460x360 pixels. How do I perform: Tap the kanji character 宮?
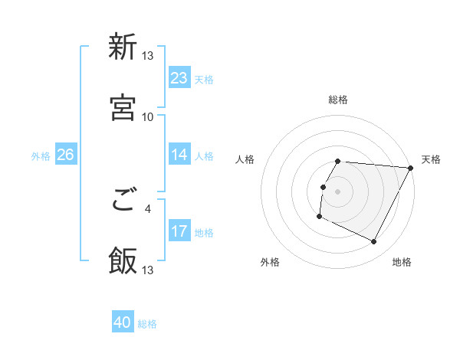[123, 107]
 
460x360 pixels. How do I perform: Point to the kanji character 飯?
[123, 261]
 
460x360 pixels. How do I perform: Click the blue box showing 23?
[179, 78]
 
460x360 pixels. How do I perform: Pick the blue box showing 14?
[179, 155]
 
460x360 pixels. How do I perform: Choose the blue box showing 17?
[179, 231]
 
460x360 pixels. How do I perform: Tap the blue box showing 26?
[65, 155]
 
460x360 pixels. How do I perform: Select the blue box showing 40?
[123, 323]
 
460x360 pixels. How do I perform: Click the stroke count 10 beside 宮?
[148, 116]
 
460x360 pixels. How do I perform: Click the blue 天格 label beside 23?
[204, 79]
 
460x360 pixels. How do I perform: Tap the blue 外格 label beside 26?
[41, 155]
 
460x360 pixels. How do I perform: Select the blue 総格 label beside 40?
[147, 324]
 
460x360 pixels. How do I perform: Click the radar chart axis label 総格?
[338, 100]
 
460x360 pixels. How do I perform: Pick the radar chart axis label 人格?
[245, 159]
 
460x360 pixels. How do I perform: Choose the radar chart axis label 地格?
[402, 263]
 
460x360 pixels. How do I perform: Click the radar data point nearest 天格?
[411, 168]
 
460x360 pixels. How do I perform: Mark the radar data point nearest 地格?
[374, 242]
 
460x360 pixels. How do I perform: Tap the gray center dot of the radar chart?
[338, 191]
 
